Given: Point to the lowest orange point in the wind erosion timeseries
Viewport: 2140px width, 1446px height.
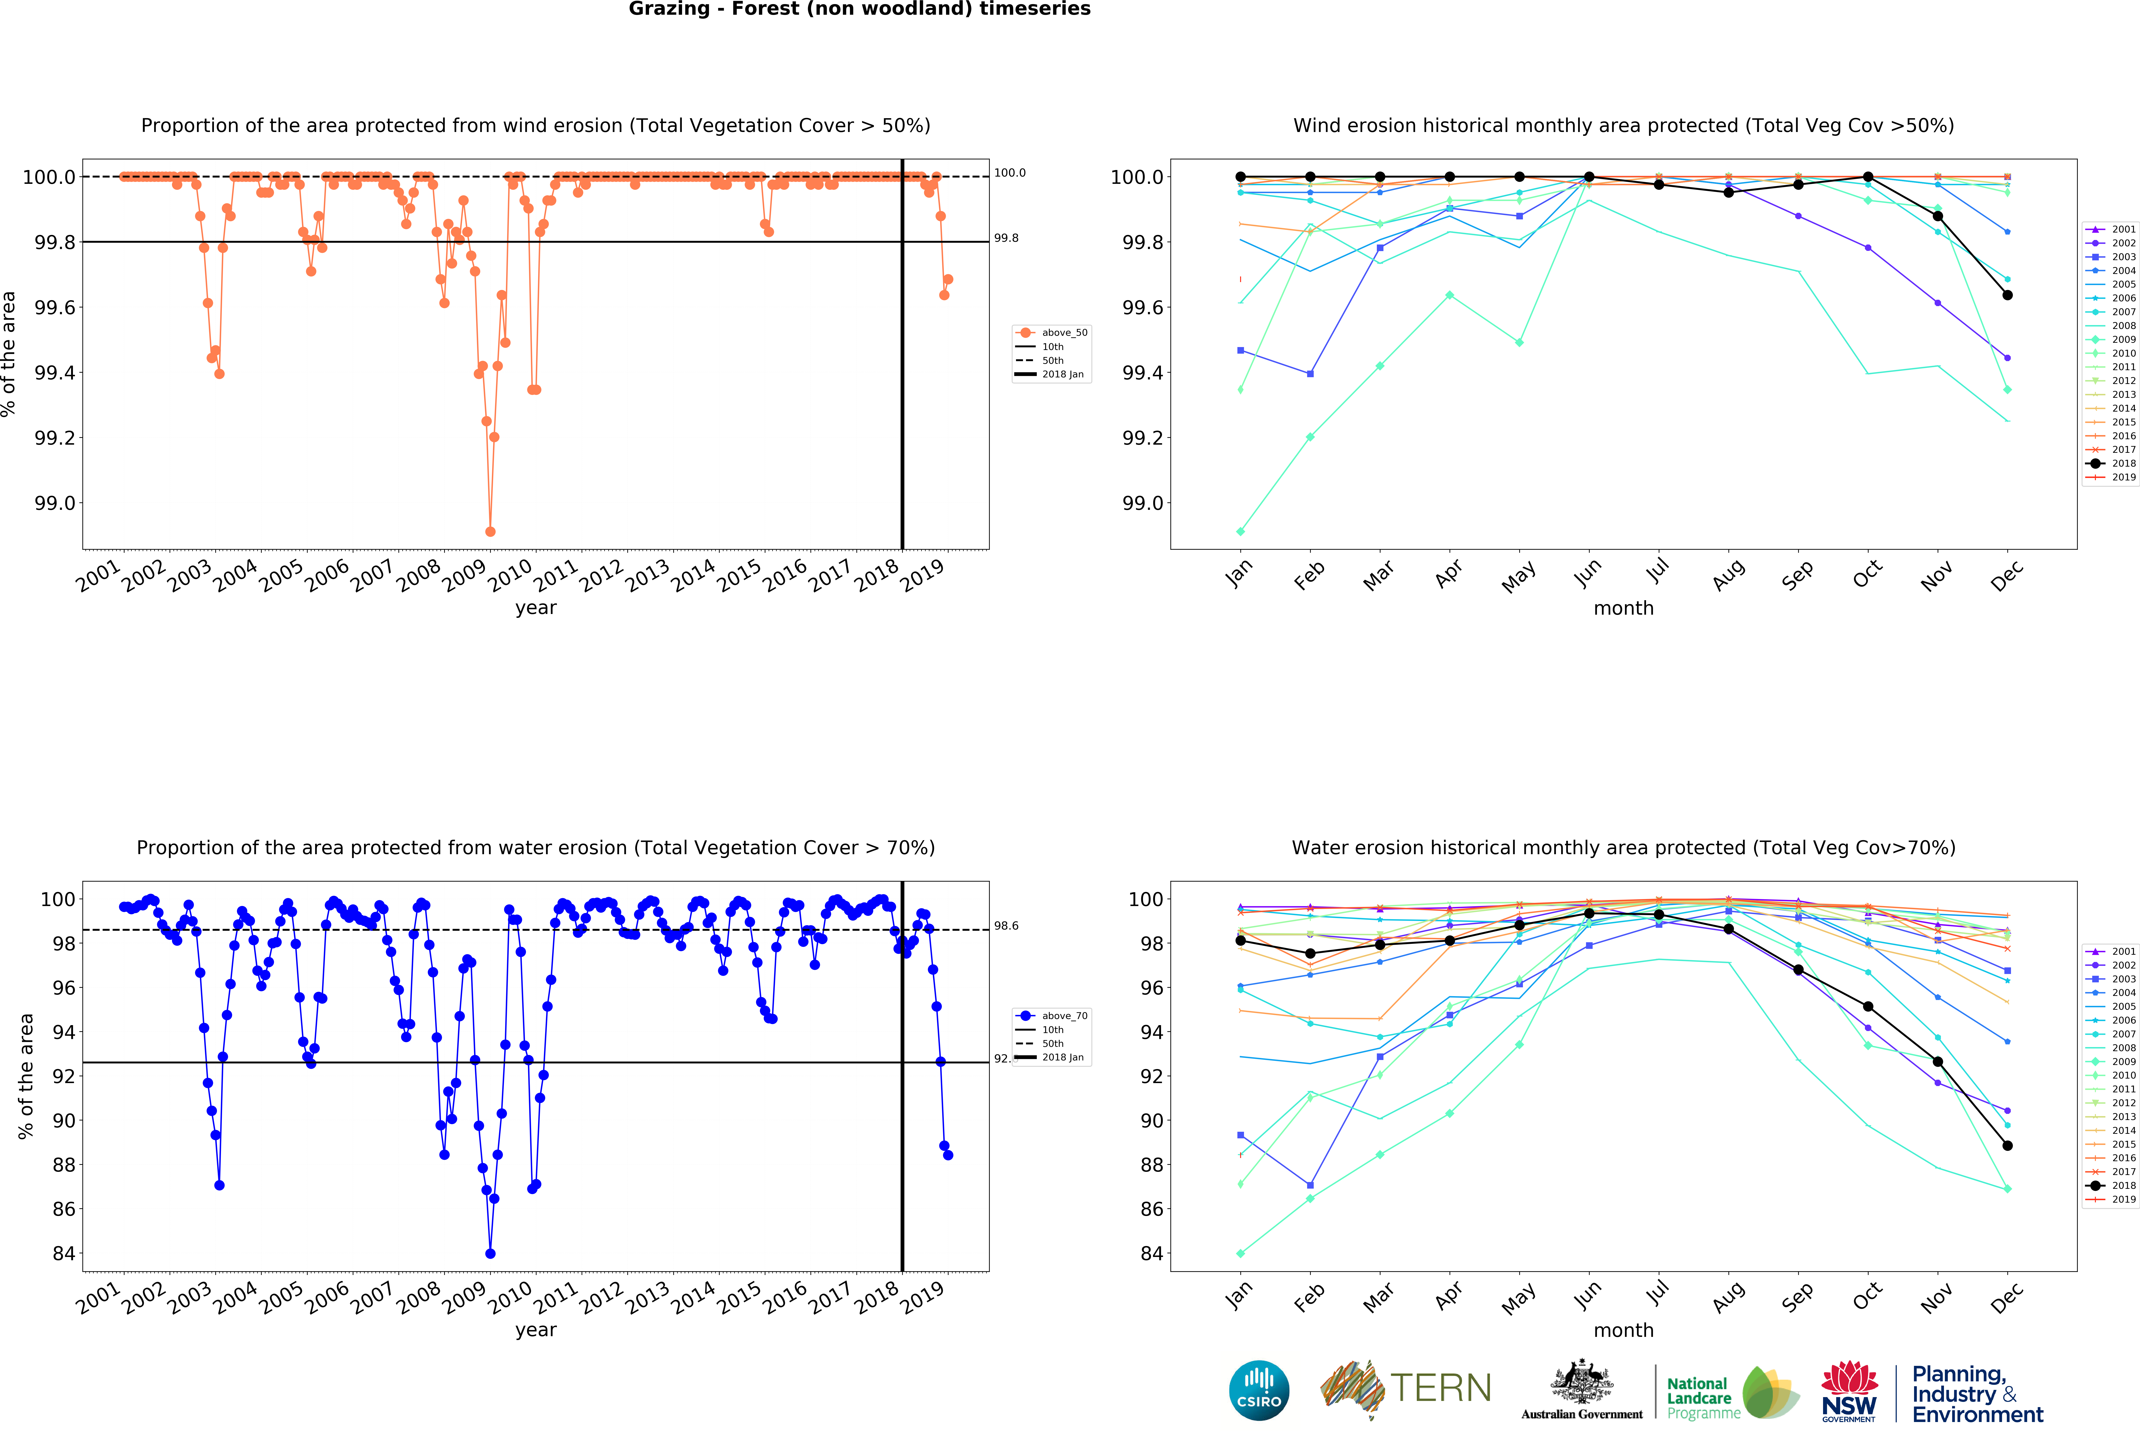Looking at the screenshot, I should click(490, 531).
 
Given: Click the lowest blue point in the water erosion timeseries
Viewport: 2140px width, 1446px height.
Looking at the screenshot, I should click(490, 1254).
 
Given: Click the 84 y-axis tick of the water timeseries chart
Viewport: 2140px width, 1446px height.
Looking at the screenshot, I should click(65, 1254).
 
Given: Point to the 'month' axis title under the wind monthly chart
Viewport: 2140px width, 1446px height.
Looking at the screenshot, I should click(1623, 609).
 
